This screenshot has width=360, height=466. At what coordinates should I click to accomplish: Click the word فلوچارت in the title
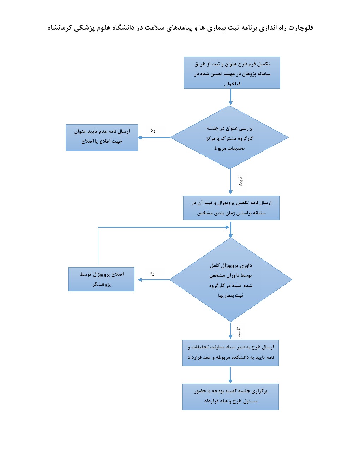click(301, 28)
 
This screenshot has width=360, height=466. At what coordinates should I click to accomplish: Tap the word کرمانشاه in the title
click(60, 28)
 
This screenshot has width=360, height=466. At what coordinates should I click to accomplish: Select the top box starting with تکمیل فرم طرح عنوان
click(232, 73)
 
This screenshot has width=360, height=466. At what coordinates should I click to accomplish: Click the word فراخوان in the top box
click(232, 84)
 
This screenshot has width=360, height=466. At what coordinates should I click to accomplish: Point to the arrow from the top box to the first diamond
click(230, 97)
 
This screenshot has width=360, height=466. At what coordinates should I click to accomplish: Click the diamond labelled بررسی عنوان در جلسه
click(229, 138)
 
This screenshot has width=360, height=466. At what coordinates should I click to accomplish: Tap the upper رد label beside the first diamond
click(153, 131)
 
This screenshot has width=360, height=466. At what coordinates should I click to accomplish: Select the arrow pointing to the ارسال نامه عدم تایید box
click(154, 137)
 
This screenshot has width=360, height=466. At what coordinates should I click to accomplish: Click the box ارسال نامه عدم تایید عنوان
click(102, 138)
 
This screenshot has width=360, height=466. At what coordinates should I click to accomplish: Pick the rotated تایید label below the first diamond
click(240, 181)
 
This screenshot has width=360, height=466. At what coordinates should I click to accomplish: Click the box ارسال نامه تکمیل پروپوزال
click(231, 208)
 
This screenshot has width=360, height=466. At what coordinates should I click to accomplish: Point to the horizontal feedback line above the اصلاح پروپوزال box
click(162, 227)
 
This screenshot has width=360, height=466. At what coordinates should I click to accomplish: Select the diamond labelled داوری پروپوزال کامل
click(230, 280)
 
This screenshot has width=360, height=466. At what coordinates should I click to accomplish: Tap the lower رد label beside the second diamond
click(152, 273)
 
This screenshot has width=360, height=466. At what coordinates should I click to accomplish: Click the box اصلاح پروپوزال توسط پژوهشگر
click(101, 279)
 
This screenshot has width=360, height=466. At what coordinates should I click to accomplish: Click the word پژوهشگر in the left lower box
click(102, 284)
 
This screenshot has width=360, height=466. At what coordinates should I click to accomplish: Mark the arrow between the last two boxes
click(230, 375)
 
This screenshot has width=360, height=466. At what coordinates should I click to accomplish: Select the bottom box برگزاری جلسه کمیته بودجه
click(230, 397)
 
